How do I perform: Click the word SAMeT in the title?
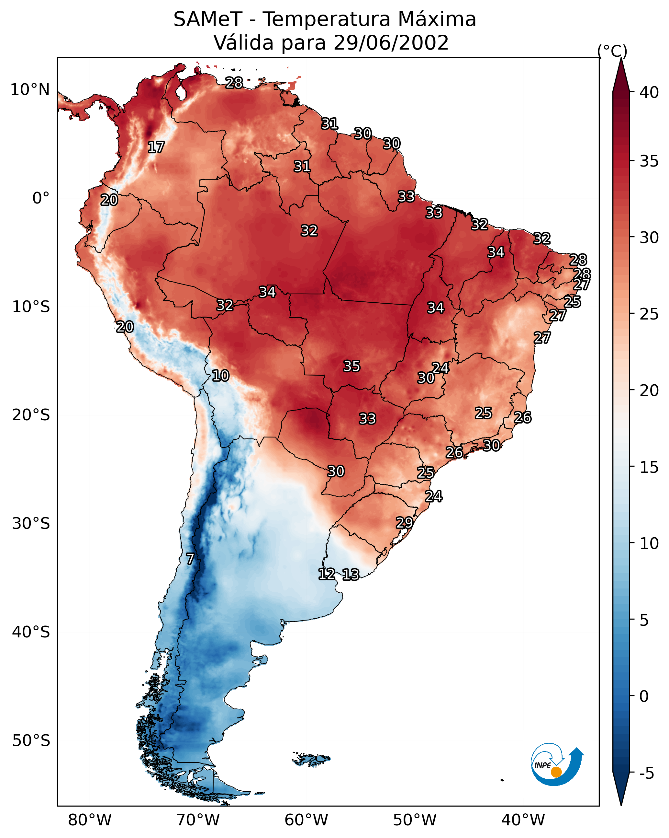pyautogui.click(x=208, y=19)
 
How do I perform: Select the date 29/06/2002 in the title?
pyautogui.click(x=391, y=43)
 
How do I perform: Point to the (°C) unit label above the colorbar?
pyautogui.click(x=612, y=51)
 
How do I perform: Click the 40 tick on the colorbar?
pyautogui.click(x=649, y=92)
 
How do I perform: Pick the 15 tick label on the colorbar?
pyautogui.click(x=649, y=467)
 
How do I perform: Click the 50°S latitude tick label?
pyautogui.click(x=31, y=740)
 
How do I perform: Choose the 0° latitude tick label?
pyautogui.click(x=41, y=198)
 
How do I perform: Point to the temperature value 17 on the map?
pyautogui.click(x=156, y=147)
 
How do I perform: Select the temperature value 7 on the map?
pyautogui.click(x=190, y=559)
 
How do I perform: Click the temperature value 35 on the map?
pyautogui.click(x=352, y=366)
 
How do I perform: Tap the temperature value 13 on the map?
pyautogui.click(x=351, y=575)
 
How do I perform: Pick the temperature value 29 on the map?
pyautogui.click(x=404, y=523)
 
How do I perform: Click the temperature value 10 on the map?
pyautogui.click(x=220, y=376)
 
